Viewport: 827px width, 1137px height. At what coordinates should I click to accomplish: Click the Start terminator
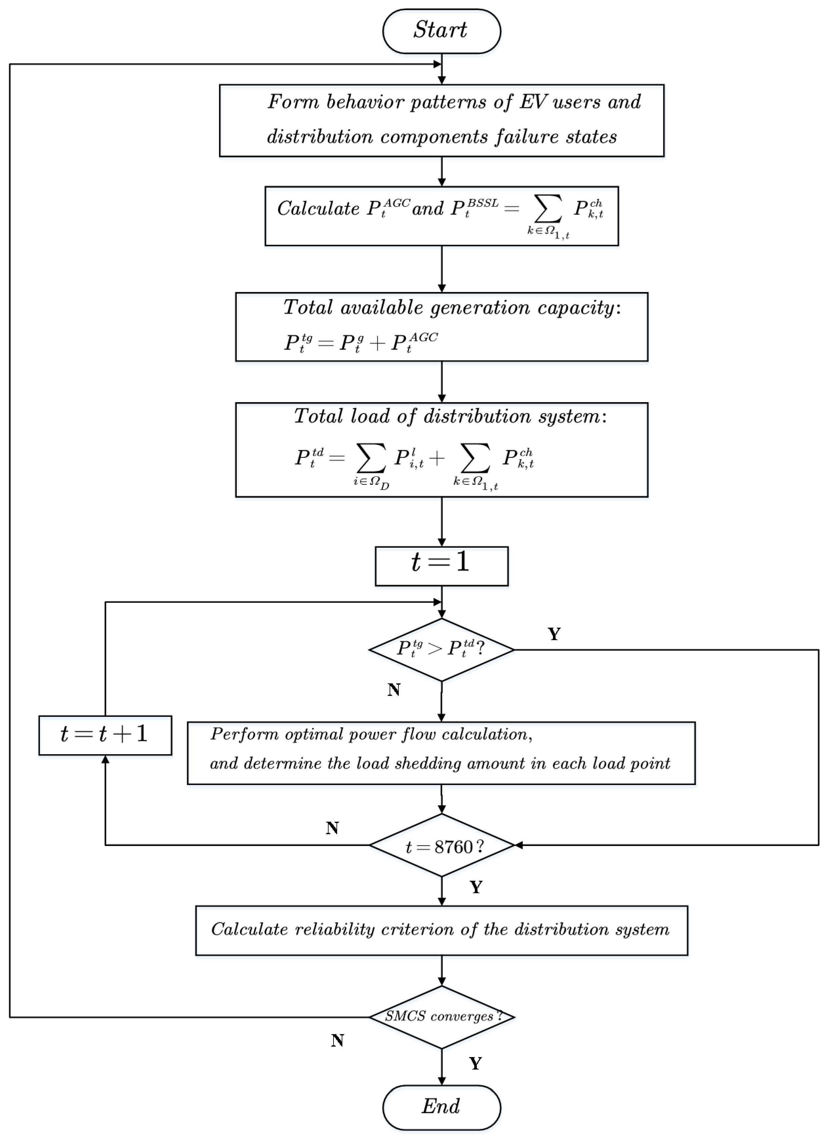pos(441,31)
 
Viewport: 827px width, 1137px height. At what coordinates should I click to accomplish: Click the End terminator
pos(441,1107)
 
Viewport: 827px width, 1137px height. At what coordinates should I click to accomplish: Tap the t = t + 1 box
pos(105,735)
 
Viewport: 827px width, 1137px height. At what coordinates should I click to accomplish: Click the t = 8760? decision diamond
pos(441,846)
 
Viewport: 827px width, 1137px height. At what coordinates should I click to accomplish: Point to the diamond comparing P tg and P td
pos(441,649)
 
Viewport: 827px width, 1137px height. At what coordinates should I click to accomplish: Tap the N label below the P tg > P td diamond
pos(394,690)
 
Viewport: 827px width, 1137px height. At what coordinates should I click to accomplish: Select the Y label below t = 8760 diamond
pos(476,887)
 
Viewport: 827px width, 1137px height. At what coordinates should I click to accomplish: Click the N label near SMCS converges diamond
pos(337,1041)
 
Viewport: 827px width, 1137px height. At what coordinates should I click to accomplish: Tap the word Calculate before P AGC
pos(318,208)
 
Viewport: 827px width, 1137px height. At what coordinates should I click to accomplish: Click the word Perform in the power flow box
pos(244,735)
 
